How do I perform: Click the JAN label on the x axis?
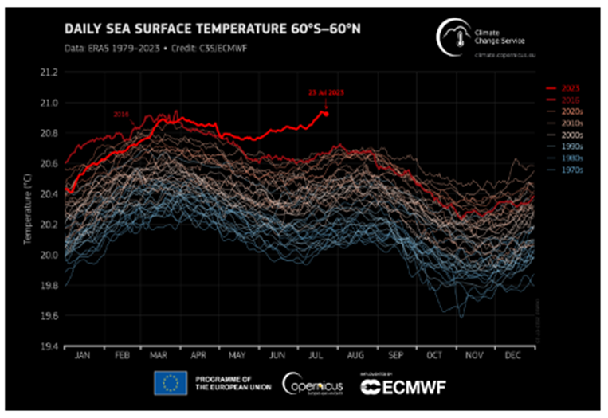pyautogui.click(x=84, y=356)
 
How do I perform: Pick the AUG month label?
pyautogui.click(x=355, y=356)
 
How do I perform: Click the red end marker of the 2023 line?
pyautogui.click(x=326, y=113)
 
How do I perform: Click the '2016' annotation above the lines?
pyautogui.click(x=122, y=115)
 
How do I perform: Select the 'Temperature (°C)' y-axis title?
pyautogui.click(x=24, y=209)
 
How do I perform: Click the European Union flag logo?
pyautogui.click(x=171, y=385)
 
